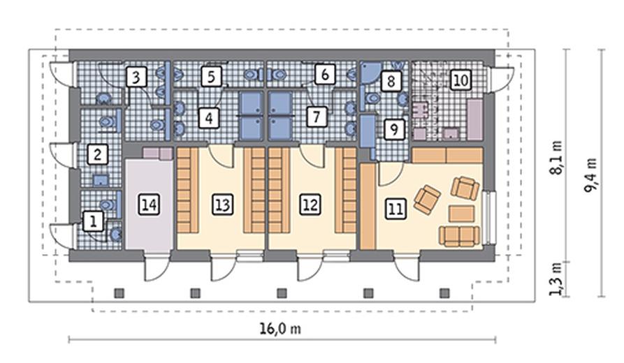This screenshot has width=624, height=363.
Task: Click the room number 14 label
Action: point(150,205)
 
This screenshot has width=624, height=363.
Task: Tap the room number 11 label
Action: point(396,209)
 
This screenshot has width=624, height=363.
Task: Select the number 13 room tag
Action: point(222,205)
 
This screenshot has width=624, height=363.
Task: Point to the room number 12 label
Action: point(310,205)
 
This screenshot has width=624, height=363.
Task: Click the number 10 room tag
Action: point(460,80)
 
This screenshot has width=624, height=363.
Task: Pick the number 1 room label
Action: point(94,221)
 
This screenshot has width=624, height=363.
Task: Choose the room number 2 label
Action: point(98,154)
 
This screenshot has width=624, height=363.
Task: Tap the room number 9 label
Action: point(394,129)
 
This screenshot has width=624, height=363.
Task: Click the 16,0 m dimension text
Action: point(280,329)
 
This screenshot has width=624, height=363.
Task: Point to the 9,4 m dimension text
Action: point(590,175)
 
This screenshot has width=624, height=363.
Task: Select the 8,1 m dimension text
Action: point(556,158)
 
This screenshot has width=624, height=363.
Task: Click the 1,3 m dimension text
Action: point(556,279)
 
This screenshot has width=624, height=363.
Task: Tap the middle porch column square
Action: point(282,293)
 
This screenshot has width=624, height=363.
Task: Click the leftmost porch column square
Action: point(119,293)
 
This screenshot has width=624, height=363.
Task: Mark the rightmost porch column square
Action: point(444,293)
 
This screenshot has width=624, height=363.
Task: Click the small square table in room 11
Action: point(462,214)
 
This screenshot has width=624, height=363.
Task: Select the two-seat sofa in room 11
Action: point(460,236)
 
